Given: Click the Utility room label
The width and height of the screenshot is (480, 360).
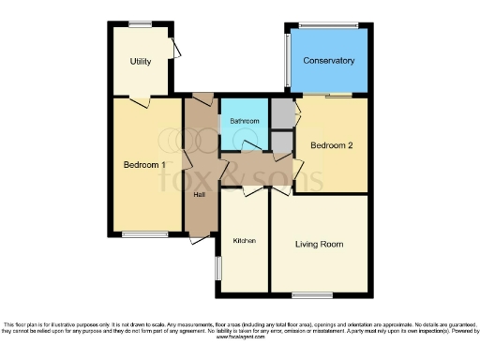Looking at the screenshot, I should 141,62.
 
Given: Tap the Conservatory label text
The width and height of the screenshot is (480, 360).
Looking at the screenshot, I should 328,61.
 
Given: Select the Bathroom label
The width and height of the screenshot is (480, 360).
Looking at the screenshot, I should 245,121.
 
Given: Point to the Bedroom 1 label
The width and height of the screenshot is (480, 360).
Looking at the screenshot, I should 146,165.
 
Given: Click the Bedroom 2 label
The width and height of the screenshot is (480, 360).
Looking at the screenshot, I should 332,146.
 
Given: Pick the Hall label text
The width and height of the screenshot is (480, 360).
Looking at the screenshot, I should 200,194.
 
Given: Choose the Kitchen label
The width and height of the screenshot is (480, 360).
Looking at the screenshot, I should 245,241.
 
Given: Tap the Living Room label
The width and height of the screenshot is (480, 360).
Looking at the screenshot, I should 319,245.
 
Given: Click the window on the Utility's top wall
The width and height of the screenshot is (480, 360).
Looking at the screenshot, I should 141,24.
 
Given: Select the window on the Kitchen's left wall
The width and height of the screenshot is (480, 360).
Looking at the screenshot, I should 217,267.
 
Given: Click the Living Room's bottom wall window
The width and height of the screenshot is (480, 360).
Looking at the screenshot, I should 312,295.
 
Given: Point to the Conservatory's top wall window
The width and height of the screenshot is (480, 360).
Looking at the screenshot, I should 328,24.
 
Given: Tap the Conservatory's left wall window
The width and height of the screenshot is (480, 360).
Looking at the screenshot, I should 287,62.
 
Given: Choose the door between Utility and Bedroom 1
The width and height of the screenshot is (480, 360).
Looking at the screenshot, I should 141,100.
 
